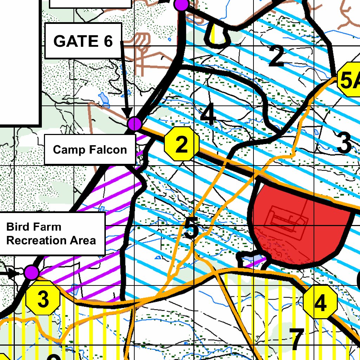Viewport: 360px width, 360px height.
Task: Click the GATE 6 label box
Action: pos(83,41)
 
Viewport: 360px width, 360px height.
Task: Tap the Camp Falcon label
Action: pos(90,150)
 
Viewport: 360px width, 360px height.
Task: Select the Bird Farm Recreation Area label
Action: pos(52,233)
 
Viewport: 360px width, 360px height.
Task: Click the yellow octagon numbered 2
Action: pos(182,144)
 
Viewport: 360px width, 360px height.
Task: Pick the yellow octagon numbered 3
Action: pos(43,299)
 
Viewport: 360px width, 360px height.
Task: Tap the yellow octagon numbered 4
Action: pos(320,302)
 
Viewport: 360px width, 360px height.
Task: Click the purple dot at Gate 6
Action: pos(135,124)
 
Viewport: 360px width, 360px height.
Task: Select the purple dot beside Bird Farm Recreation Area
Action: pos(32,272)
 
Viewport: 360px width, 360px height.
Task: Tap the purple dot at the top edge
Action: pos(182,4)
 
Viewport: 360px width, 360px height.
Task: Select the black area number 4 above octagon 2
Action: pos(208,115)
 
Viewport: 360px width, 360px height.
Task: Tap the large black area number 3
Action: pos(344,143)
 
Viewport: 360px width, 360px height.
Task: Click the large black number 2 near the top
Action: pos(276,56)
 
